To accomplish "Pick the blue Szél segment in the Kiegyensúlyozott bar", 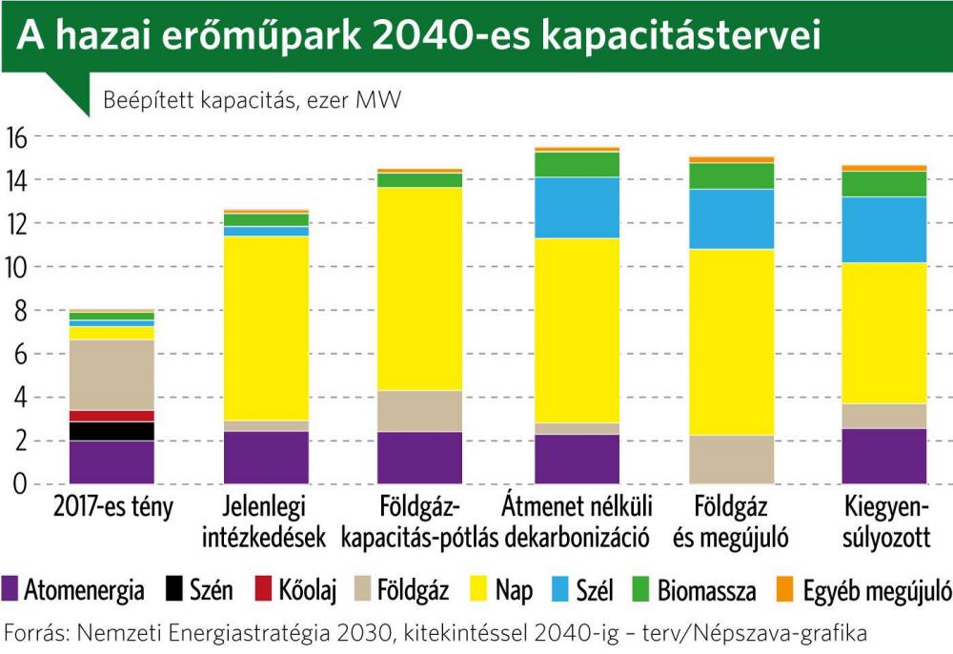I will [x=886, y=229].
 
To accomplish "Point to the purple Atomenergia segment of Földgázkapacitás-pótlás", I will [x=420, y=458].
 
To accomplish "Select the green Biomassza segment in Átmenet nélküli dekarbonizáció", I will [x=578, y=164].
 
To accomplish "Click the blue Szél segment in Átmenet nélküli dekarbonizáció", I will [x=578, y=207].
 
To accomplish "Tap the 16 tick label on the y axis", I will [x=18, y=136].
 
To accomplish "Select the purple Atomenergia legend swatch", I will [x=11, y=590].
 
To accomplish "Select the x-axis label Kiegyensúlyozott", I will [x=886, y=521].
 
